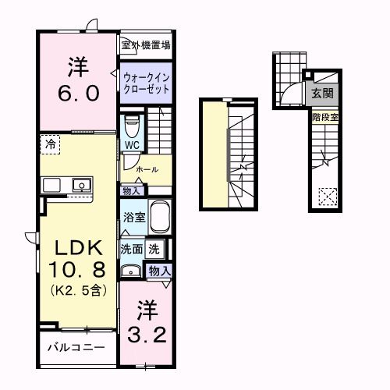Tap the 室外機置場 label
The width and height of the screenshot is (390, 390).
point(145,46)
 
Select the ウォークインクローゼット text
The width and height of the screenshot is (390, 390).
point(146,83)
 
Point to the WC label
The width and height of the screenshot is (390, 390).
point(131,144)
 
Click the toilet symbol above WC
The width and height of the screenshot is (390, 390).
point(132,124)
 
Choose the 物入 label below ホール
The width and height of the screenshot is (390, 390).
point(130,190)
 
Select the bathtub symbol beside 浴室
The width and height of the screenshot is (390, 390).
point(160,217)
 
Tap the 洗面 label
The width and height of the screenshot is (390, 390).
point(130,250)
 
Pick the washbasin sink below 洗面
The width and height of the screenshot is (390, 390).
point(130,271)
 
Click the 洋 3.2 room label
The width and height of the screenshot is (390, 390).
point(146,322)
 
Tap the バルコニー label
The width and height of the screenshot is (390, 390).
point(76,347)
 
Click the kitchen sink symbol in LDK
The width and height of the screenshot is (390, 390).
point(80,185)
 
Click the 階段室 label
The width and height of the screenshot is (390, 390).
point(324,117)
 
